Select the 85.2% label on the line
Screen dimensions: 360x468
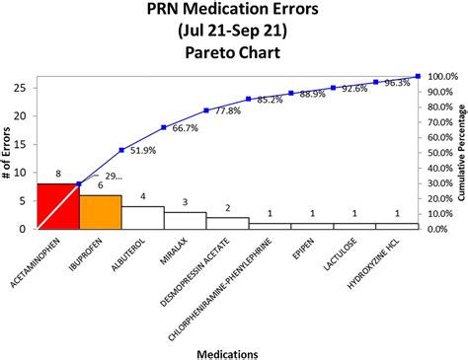[x=271, y=100]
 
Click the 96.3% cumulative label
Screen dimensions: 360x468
[x=395, y=83]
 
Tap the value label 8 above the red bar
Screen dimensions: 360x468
[x=57, y=175]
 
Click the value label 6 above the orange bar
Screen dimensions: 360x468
[x=100, y=186]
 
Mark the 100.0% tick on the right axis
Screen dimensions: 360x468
[x=441, y=76]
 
